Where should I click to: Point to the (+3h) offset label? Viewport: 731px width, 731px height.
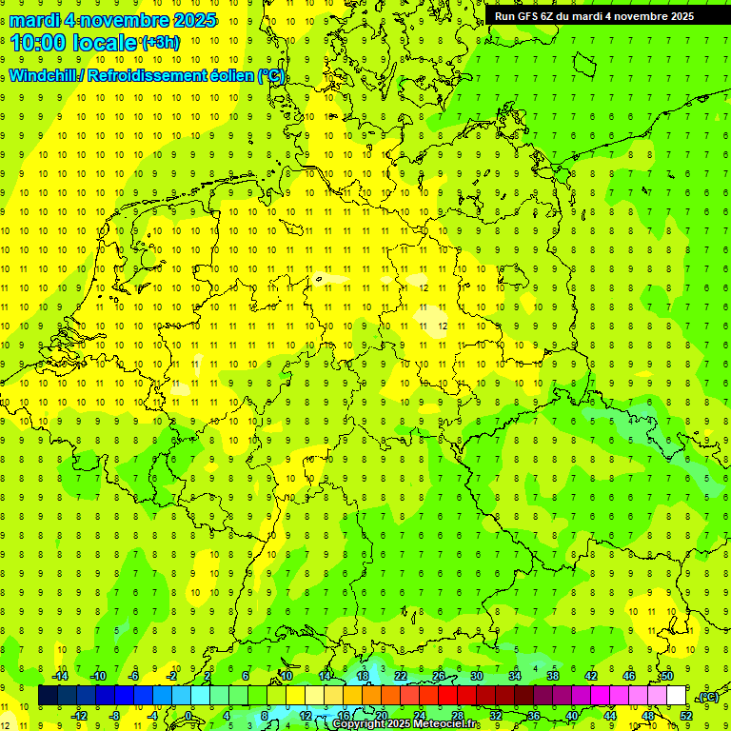[158, 42]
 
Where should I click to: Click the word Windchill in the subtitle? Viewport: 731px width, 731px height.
[43, 75]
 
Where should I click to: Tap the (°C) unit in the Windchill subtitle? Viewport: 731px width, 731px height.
[270, 75]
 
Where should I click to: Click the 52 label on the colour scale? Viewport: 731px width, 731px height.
[686, 716]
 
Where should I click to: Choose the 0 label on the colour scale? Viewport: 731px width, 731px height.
[188, 716]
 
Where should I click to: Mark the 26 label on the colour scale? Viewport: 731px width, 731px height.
[439, 676]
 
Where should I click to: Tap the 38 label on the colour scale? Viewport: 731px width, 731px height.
[552, 676]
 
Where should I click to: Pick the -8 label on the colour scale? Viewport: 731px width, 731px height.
[115, 716]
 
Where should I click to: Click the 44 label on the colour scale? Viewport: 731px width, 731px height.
[610, 716]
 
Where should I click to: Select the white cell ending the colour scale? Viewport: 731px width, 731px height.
[677, 696]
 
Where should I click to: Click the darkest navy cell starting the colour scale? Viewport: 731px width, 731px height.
[48, 696]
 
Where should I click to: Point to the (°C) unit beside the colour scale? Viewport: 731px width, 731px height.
[708, 697]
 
